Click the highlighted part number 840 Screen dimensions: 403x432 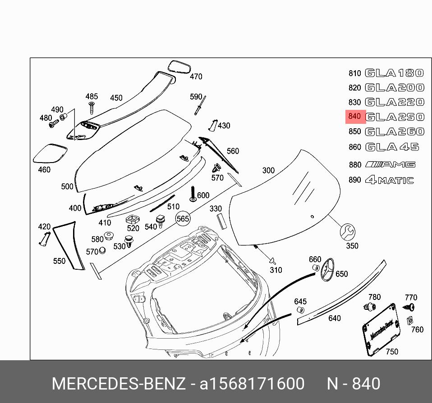(355, 117)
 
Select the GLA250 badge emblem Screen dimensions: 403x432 (395, 117)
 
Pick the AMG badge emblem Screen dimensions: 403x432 (391, 164)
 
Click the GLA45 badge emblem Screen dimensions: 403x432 (392, 147)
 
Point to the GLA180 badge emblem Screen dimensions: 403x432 (395, 73)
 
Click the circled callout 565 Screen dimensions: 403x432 (183, 219)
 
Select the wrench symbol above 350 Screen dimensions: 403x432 (348, 232)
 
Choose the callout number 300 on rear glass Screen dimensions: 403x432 (268, 170)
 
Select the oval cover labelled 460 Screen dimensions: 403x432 (50, 153)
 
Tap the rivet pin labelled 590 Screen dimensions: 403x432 (200, 106)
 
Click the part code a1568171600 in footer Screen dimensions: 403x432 (252, 384)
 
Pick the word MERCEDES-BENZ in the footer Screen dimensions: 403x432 (119, 384)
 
